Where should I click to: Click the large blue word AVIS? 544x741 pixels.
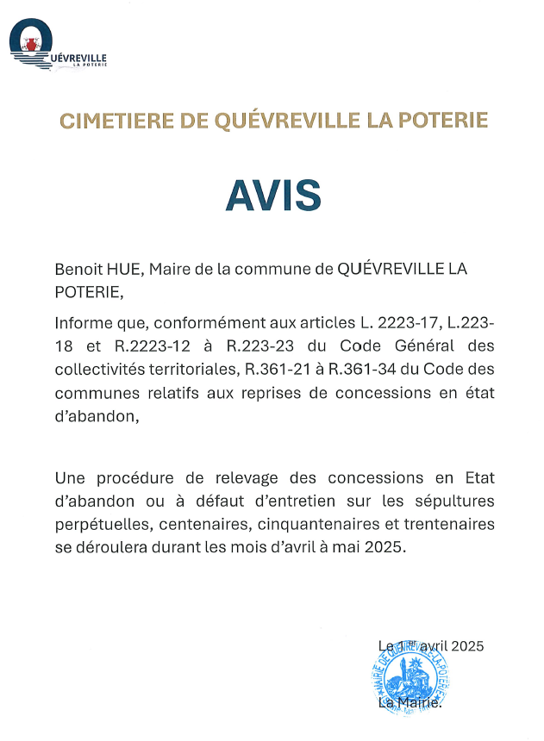[x=272, y=196]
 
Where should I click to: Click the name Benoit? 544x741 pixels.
[x=80, y=270]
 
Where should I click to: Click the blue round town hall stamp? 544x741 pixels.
[x=410, y=679]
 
